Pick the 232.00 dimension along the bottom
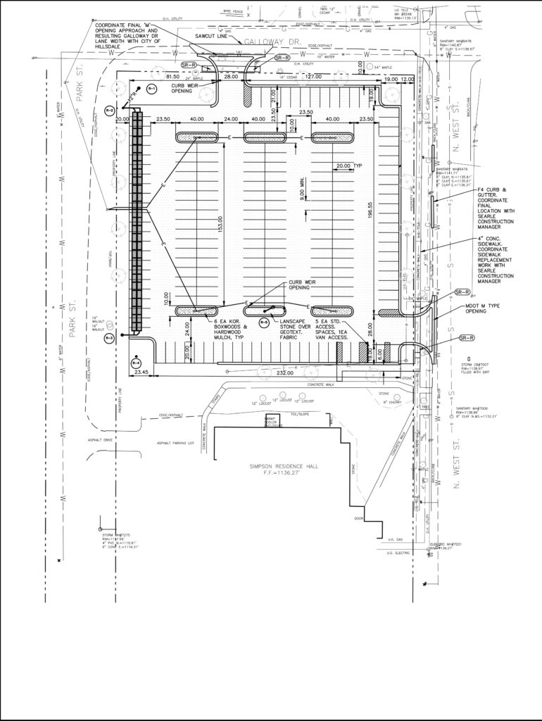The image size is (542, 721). click(285, 373)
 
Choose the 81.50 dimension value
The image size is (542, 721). click(172, 77)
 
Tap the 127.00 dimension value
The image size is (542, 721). click(313, 77)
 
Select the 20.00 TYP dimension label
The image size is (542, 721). click(348, 166)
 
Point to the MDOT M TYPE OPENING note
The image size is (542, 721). click(484, 311)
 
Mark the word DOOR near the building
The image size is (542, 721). click(359, 519)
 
